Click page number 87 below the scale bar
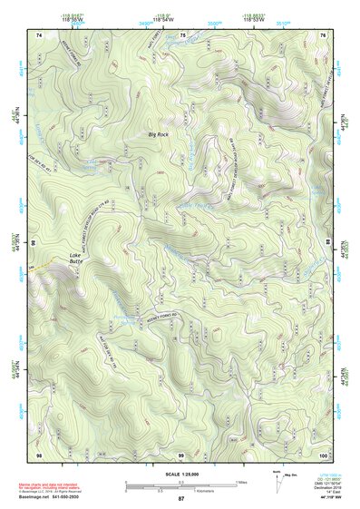coord(181,499)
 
